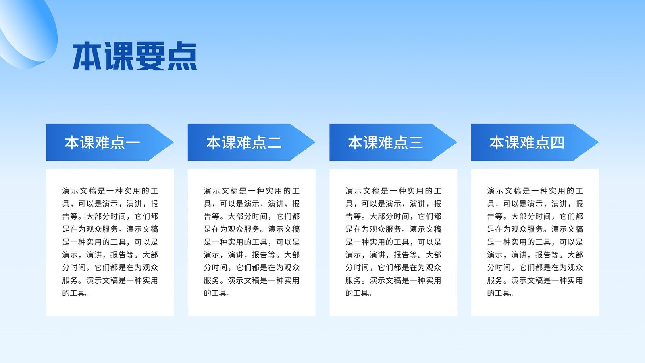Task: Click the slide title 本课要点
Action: point(135,56)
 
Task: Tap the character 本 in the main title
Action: point(87,56)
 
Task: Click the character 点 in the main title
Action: point(182,56)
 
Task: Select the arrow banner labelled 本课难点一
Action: point(110,142)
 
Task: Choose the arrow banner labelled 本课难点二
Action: point(252,142)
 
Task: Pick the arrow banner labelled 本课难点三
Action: point(393,142)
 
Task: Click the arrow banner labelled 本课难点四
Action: point(535,142)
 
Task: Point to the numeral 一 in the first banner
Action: point(133,143)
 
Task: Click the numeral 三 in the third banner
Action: point(416,143)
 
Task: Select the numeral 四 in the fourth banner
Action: point(558,143)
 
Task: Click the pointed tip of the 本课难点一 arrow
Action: point(173,142)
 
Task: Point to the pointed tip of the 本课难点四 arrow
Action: point(598,142)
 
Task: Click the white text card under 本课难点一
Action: point(110,242)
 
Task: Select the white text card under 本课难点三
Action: point(393,242)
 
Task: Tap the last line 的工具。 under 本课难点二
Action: point(217,293)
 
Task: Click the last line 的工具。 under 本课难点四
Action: point(500,293)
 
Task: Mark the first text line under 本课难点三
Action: point(393,191)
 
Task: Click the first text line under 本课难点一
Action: point(110,191)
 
